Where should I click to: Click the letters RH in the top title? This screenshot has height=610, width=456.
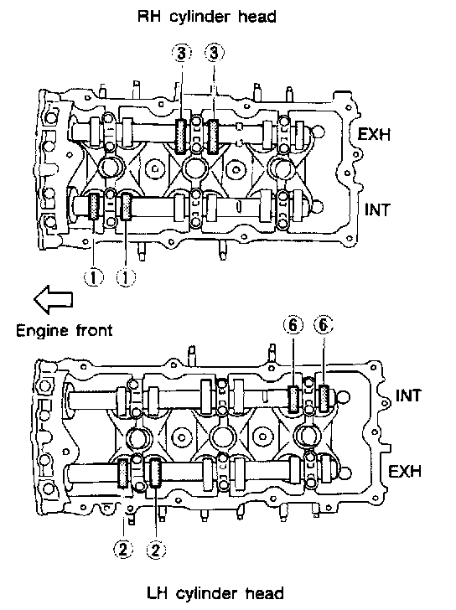tap(150, 17)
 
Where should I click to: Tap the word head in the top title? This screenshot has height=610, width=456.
tap(260, 17)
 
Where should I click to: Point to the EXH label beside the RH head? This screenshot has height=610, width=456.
tap(374, 134)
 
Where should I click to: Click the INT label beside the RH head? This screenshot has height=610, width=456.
tap(376, 210)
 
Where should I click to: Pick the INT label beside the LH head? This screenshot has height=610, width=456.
tap(408, 395)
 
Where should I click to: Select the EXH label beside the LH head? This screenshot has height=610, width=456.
tap(405, 471)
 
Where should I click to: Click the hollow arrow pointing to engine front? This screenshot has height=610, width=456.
tap(54, 300)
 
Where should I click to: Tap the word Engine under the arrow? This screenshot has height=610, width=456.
tap(42, 332)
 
